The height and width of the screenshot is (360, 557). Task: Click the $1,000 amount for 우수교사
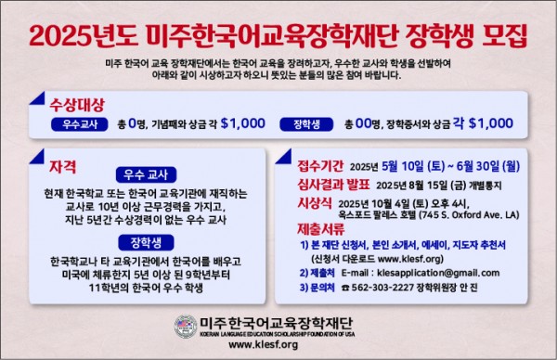(228, 122)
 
